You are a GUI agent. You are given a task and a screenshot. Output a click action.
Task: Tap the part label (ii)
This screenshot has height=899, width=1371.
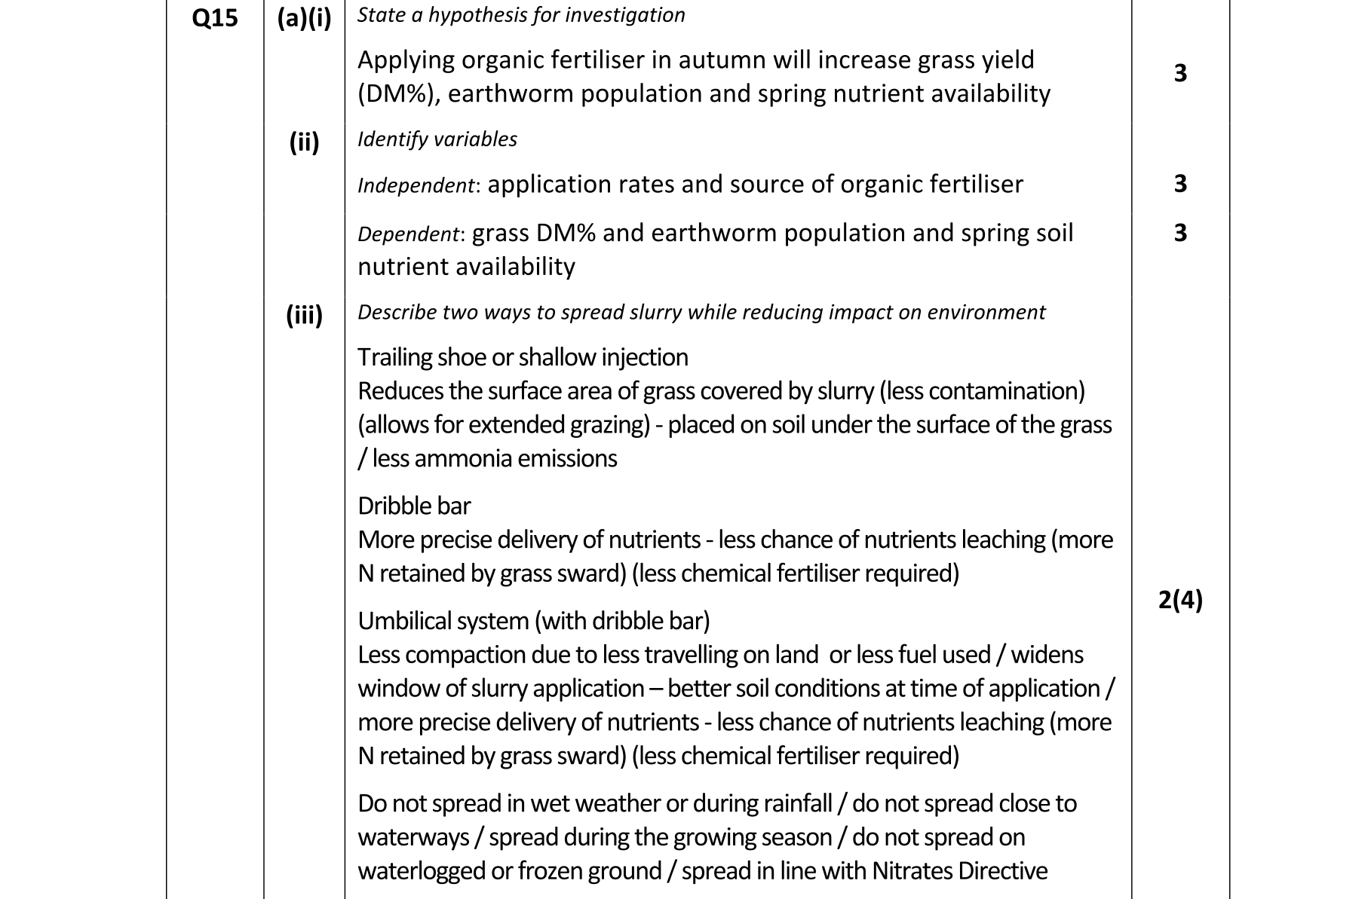tap(304, 142)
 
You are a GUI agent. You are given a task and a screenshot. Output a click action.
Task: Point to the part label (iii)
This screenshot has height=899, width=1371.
tap(304, 314)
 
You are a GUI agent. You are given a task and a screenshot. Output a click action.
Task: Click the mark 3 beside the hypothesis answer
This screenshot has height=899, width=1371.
tap(1180, 73)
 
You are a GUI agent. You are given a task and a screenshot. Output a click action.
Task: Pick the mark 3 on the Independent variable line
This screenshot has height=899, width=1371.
tap(1180, 184)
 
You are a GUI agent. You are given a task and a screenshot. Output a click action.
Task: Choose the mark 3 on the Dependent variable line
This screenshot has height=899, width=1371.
tap(1180, 233)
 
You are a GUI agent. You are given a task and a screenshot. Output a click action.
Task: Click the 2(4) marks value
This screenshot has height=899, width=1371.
tap(1180, 601)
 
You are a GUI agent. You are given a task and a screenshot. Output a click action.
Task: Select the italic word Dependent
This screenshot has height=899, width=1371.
tap(407, 234)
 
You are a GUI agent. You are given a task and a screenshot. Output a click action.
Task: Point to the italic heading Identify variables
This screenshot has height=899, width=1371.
tap(437, 139)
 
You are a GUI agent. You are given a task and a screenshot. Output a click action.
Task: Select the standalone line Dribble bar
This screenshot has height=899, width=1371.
tap(414, 506)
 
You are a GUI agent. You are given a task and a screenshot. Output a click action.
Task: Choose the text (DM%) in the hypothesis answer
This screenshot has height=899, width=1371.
tap(395, 94)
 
